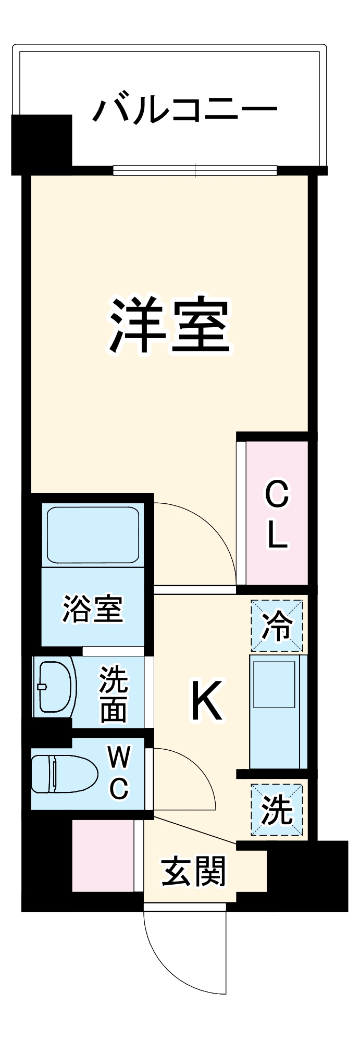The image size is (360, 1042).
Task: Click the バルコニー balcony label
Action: point(185,110)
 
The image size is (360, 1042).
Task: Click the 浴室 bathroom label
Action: point(93,609)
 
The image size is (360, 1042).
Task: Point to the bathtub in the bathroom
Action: point(93,536)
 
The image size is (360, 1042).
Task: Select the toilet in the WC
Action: point(63,774)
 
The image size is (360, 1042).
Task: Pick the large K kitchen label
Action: point(207,701)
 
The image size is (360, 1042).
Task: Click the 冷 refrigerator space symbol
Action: point(277,625)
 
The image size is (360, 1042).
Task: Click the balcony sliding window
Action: point(195,170)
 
